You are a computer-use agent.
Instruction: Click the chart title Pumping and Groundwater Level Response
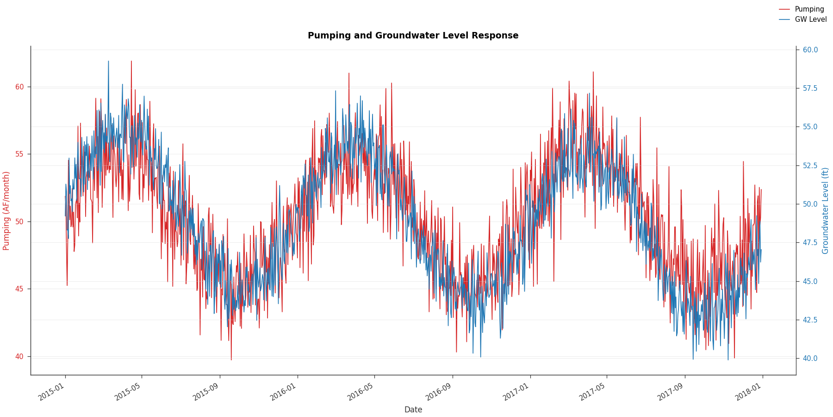pyautogui.click(x=413, y=36)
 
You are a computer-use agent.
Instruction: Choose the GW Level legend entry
pyautogui.click(x=810, y=19)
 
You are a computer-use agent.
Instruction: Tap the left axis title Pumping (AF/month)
pyautogui.click(x=6, y=211)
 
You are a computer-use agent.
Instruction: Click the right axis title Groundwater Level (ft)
pyautogui.click(x=826, y=211)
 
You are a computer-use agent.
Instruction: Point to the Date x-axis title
pyautogui.click(x=413, y=410)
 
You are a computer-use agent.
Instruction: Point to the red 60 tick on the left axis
pyautogui.click(x=19, y=87)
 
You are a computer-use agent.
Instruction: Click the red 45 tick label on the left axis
pyautogui.click(x=19, y=289)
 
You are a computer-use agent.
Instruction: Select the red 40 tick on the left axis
pyautogui.click(x=19, y=356)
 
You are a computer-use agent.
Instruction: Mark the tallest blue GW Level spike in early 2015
pyautogui.click(x=108, y=61)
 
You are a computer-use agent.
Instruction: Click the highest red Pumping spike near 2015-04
pyautogui.click(x=131, y=61)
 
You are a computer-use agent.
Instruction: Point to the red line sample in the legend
pyautogui.click(x=784, y=9)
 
